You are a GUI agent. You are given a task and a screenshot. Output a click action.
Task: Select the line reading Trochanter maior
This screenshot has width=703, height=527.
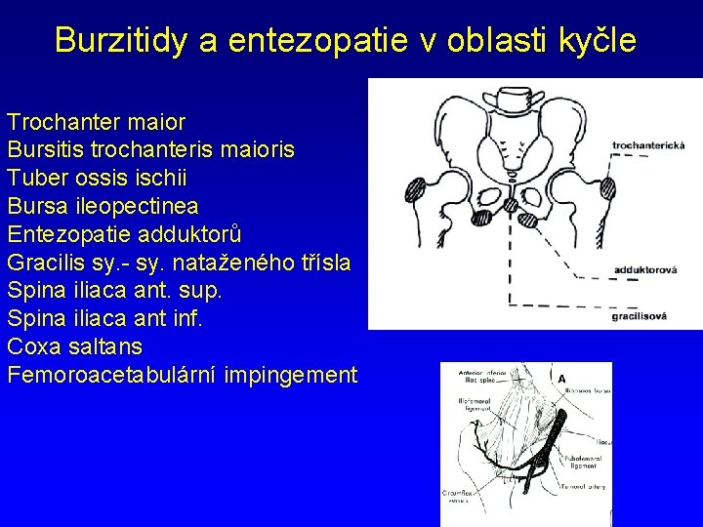coord(96,123)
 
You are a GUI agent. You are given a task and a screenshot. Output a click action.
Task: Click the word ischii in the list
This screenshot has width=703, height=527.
coord(164,179)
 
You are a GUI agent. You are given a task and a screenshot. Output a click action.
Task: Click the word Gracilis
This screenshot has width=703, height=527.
coord(44,263)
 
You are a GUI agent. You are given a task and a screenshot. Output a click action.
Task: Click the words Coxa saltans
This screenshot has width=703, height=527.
coord(74,346)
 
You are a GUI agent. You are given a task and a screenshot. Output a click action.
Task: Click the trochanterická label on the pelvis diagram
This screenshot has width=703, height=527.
coord(648,145)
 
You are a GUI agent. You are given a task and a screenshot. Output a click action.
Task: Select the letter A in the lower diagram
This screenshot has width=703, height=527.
coord(561,379)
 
